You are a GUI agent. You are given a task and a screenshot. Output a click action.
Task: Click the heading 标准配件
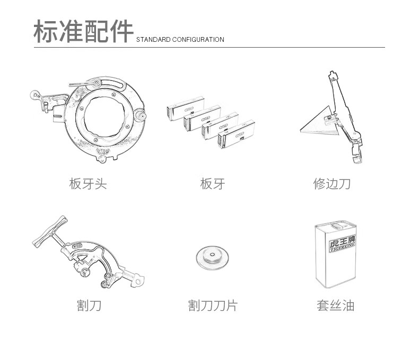(83, 31)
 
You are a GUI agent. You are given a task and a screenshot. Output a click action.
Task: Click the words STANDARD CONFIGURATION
(180, 40)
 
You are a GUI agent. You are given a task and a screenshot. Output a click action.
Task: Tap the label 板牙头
(88, 184)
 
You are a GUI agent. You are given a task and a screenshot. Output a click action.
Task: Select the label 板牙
(213, 184)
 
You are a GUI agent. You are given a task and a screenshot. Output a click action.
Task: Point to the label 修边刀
(332, 184)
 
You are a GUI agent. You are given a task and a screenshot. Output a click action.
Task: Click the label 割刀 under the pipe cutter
(89, 305)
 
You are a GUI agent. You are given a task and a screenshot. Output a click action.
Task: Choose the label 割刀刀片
(213, 305)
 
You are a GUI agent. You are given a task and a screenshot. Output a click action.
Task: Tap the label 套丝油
(336, 305)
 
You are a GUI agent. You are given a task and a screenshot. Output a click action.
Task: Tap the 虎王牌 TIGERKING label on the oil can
(342, 243)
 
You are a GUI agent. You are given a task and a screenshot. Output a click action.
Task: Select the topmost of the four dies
(186, 108)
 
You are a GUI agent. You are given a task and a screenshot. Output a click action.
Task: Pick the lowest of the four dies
(236, 134)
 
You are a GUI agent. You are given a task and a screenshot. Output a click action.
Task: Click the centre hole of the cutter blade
(212, 255)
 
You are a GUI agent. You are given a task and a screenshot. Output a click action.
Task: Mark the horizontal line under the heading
(209, 48)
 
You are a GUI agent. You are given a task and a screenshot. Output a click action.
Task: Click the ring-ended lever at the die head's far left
(36, 95)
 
